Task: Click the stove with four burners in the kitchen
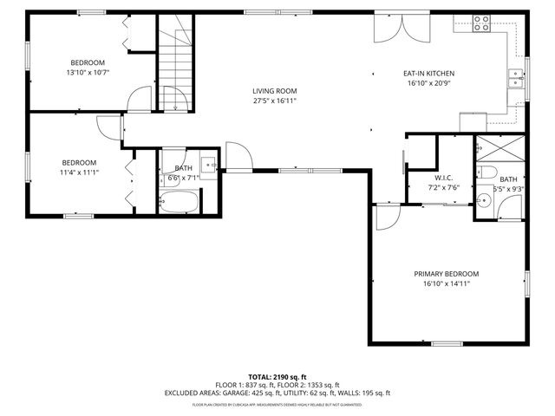(481, 23)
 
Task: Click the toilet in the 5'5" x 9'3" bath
(488, 171)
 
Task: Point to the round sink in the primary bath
(485, 201)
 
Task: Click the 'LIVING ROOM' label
(275, 91)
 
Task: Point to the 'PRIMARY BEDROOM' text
(446, 274)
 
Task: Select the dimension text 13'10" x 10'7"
(88, 73)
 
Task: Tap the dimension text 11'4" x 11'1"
(78, 172)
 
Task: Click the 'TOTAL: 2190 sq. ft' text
(277, 376)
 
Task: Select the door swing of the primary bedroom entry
(385, 217)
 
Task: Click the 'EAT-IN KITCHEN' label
(428, 74)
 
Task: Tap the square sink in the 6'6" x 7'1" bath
(208, 163)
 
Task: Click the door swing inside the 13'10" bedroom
(137, 100)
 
